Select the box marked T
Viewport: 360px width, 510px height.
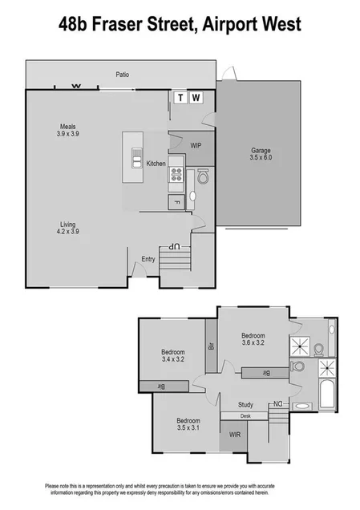(x=180, y=98)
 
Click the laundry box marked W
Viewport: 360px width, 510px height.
(x=196, y=98)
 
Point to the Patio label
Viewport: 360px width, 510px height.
(x=121, y=75)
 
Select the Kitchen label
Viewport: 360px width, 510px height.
(x=156, y=164)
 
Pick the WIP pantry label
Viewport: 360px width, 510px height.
(x=196, y=145)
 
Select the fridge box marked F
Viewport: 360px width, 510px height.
(x=177, y=201)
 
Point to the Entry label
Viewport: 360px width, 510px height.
(x=148, y=258)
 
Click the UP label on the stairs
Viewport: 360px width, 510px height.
(x=173, y=246)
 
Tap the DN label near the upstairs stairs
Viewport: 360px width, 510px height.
(x=277, y=403)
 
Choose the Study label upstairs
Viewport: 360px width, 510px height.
(x=246, y=404)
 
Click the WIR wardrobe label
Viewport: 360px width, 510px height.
(x=235, y=435)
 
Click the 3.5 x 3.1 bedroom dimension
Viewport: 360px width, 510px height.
(x=188, y=429)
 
